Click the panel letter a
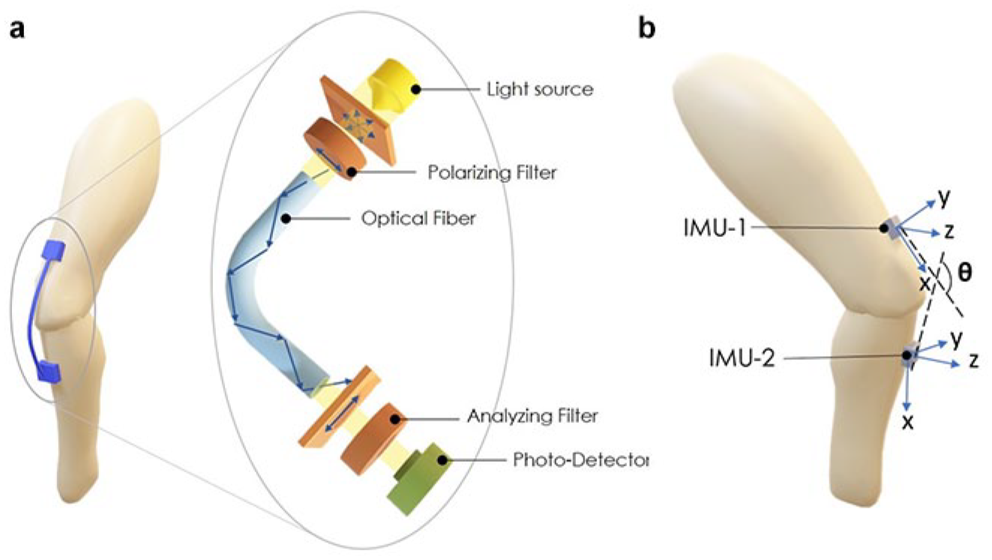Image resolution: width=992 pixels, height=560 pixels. pyautogui.click(x=17, y=30)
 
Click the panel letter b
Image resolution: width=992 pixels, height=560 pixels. pyautogui.click(x=647, y=28)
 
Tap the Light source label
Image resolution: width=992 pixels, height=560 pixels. pyautogui.click(x=541, y=89)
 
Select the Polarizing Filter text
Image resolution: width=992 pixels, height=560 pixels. pyautogui.click(x=492, y=172)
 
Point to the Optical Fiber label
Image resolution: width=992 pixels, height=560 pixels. pyautogui.click(x=418, y=218)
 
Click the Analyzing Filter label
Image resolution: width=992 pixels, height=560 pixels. pyautogui.click(x=533, y=416)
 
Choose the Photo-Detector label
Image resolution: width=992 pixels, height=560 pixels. pyautogui.click(x=580, y=460)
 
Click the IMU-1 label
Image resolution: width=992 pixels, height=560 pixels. pyautogui.click(x=715, y=229)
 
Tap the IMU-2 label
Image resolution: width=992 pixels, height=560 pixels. pyautogui.click(x=742, y=358)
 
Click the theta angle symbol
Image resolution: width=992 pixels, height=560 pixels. pyautogui.click(x=965, y=272)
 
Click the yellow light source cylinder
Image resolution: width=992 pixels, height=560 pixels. pyautogui.click(x=393, y=88)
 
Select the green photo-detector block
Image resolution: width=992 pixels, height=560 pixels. pyautogui.click(x=419, y=478)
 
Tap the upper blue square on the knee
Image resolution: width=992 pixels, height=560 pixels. pyautogui.click(x=53, y=250)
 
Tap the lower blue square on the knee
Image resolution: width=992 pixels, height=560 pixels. pyautogui.click(x=49, y=371)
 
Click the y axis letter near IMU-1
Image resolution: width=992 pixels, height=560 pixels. pyautogui.click(x=944, y=197)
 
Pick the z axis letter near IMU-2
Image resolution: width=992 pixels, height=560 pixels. pyautogui.click(x=973, y=361)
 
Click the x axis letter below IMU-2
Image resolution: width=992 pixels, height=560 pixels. pyautogui.click(x=908, y=424)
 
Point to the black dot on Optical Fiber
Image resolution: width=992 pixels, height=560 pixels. pyautogui.click(x=286, y=218)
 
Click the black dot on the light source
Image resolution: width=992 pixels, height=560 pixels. pyautogui.click(x=415, y=89)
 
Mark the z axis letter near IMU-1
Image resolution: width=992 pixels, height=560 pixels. pyautogui.click(x=949, y=231)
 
